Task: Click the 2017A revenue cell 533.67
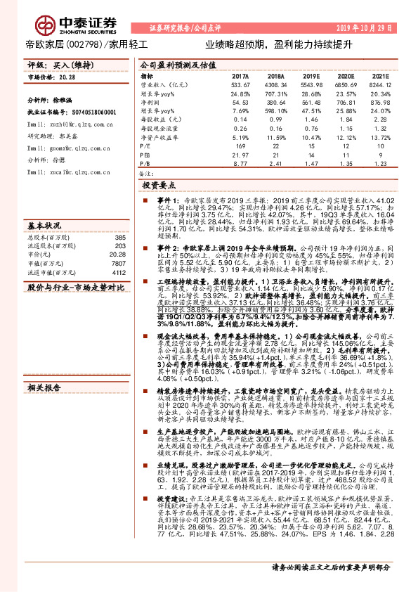click(241, 84)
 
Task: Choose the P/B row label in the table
click(145, 163)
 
